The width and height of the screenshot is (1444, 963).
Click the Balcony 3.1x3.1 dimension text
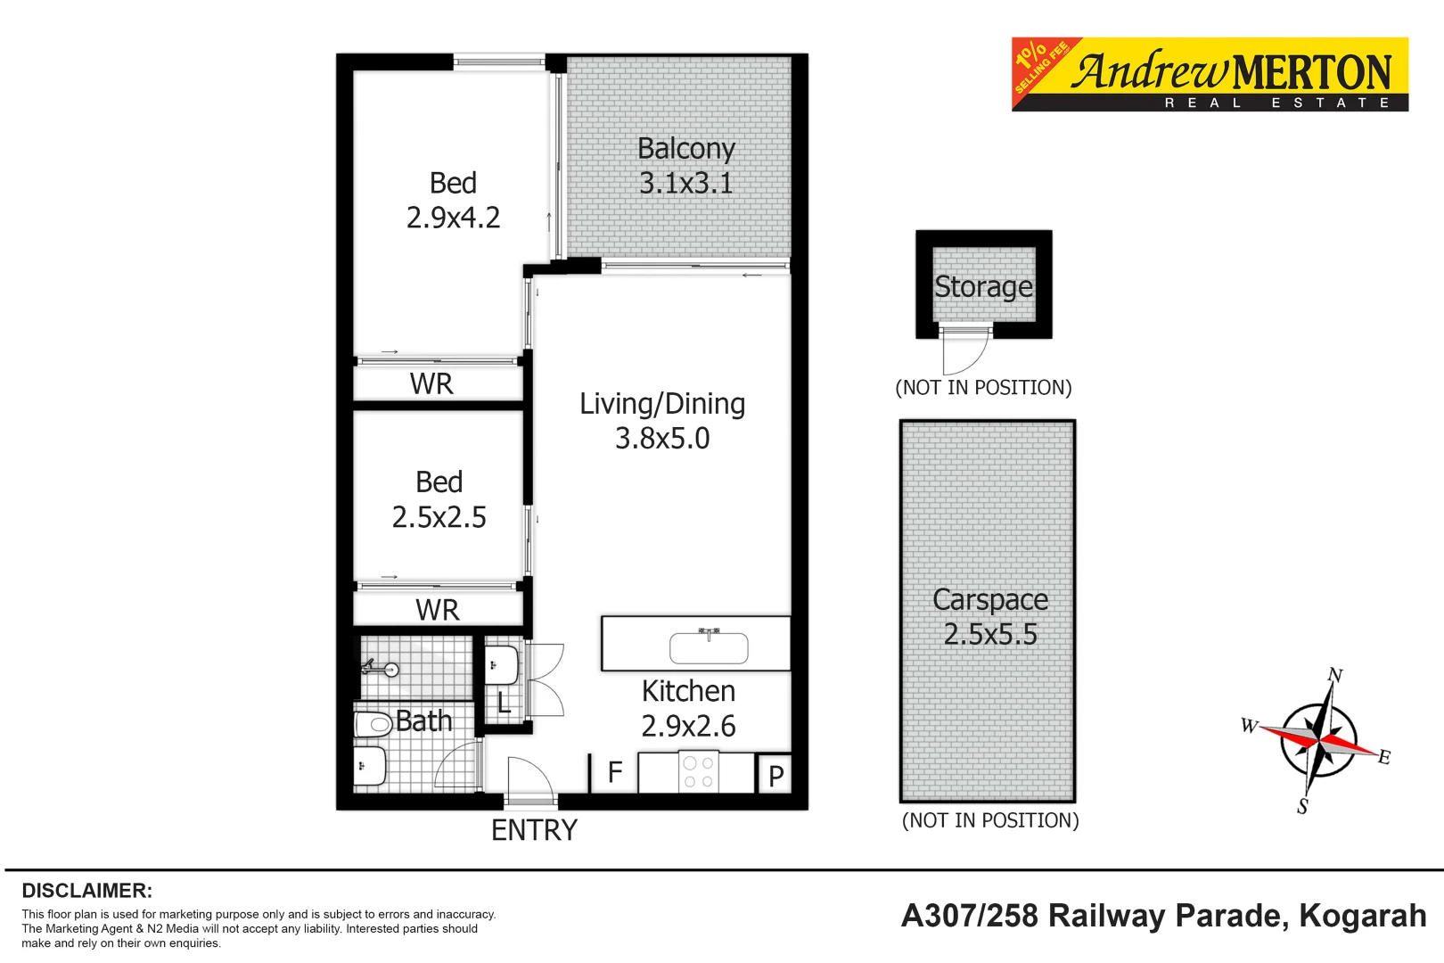click(685, 184)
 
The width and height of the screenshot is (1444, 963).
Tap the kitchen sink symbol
click(709, 647)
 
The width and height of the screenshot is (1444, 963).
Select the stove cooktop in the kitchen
click(698, 773)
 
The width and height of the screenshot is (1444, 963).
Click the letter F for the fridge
click(615, 772)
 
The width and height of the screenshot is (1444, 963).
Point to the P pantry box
click(775, 776)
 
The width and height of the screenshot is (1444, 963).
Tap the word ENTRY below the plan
click(534, 831)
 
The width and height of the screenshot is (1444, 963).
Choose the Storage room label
click(983, 287)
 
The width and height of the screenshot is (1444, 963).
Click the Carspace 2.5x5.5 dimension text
click(990, 635)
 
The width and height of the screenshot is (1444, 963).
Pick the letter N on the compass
click(1334, 675)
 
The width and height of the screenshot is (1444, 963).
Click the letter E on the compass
click(1384, 757)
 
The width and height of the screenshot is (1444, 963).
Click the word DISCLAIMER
click(86, 891)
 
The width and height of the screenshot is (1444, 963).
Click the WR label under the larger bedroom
click(431, 384)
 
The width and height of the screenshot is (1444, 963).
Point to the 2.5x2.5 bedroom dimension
click(439, 518)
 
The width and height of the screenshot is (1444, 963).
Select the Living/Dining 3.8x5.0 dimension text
click(662, 439)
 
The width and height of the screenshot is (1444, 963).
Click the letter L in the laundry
click(504, 704)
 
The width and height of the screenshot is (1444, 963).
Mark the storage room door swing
click(967, 352)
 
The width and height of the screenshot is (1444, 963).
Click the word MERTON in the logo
click(1312, 73)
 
